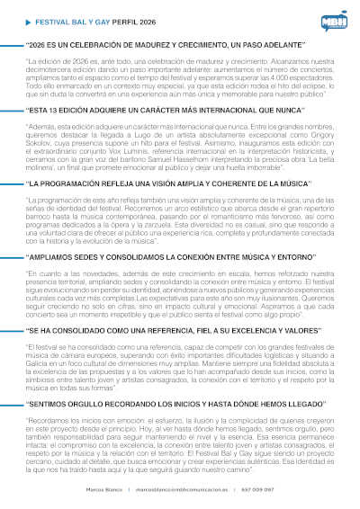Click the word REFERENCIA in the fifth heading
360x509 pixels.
(149, 331)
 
